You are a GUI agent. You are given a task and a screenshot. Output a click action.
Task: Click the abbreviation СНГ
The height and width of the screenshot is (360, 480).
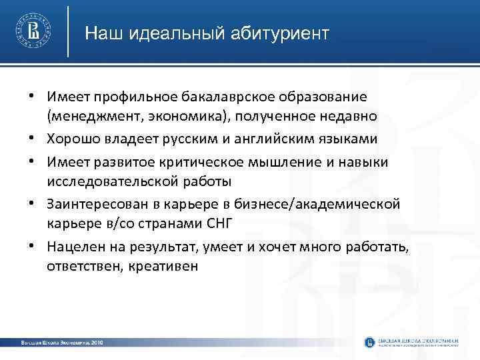pyautogui.click(x=219, y=221)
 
